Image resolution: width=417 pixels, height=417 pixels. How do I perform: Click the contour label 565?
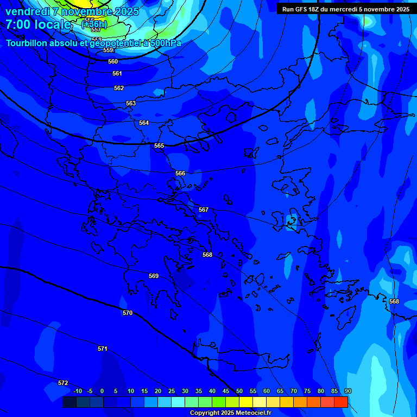pos(159,146)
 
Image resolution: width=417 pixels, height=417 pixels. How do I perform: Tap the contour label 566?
pos(180,173)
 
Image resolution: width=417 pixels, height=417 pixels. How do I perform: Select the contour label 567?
pos(204,210)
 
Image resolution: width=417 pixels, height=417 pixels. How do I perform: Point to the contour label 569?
pos(154,276)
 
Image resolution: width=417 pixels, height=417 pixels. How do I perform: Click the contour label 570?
pos(128,313)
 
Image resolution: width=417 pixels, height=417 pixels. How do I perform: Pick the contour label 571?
pos(103,349)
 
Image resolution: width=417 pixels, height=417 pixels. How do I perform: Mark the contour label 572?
pos(63,383)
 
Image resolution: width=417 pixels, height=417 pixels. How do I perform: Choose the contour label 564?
pos(144,123)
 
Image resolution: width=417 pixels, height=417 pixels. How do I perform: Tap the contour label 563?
pos(131,103)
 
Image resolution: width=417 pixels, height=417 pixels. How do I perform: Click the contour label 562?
pos(119,88)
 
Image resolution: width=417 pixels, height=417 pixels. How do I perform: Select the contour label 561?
pos(117,73)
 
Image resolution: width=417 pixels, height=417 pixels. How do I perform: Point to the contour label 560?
pos(113,61)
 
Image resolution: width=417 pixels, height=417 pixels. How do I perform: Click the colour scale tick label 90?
pos(348,391)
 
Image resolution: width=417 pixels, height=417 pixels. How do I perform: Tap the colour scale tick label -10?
pos(78,391)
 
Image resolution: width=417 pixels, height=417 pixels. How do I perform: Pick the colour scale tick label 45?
pos(226,391)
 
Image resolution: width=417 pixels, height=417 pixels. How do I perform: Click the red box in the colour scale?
pos(340,402)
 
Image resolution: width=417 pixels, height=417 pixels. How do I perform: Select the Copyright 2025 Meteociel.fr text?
pos(230,413)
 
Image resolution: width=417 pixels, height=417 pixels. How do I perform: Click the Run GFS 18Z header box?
pos(346,9)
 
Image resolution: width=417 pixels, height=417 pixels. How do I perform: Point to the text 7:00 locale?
pos(38,24)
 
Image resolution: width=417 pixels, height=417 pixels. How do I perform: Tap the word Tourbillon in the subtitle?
pos(27,43)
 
